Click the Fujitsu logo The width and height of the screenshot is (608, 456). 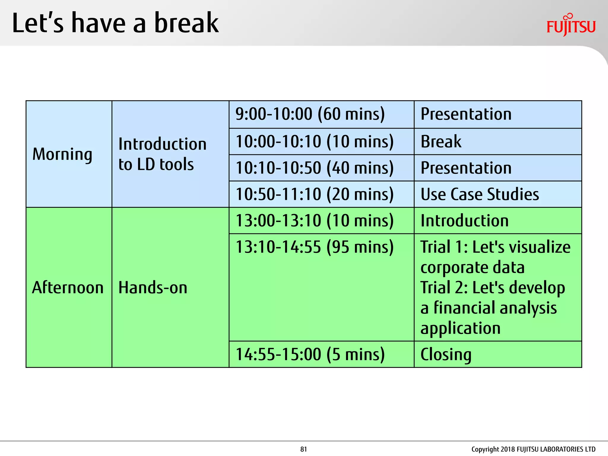(571, 25)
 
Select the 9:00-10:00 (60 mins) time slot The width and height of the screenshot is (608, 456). (310, 114)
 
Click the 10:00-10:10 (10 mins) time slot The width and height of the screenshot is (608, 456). (314, 141)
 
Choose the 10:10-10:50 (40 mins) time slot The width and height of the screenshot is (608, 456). (314, 168)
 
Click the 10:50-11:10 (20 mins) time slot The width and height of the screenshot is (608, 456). (314, 194)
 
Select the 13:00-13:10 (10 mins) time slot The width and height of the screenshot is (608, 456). (314, 221)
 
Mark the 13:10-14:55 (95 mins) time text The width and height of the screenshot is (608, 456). (314, 247)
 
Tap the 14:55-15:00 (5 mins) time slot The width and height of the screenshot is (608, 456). (310, 354)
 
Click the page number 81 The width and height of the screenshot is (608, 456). (303, 449)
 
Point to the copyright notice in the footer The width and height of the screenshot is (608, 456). (533, 449)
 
